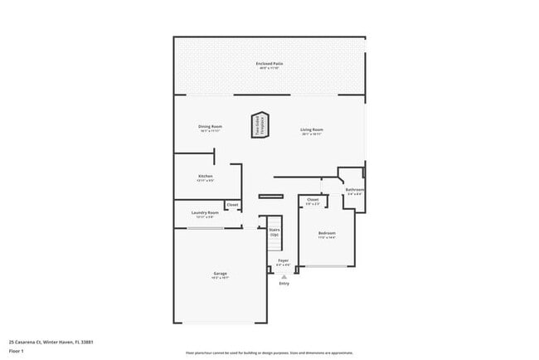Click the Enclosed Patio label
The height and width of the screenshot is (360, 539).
pos(269,62)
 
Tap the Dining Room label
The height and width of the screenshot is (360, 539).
pos(210,126)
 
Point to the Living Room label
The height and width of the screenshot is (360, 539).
pos(312,129)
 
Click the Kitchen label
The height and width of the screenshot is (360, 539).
pos(206,176)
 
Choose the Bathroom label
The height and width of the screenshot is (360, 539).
pos(355,189)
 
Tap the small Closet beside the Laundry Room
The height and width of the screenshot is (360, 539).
pos(233,205)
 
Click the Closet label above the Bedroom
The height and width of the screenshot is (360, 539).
pos(313,199)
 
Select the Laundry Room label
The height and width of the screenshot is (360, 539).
pos(205,212)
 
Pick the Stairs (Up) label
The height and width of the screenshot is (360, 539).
pos(274,232)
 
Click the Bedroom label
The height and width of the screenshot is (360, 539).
pos(326,233)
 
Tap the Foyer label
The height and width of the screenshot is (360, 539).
pos(283,260)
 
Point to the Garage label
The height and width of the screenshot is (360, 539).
pos(220,274)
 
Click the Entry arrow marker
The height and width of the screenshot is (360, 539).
pos(284,276)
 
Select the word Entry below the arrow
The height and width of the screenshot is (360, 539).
pos(284,284)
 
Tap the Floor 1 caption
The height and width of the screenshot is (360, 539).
pos(17,351)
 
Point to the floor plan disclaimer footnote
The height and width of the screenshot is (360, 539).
pos(270,352)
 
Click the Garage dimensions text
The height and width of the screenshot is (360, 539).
pos(220,279)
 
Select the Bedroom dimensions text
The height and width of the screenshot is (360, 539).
pos(326,238)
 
